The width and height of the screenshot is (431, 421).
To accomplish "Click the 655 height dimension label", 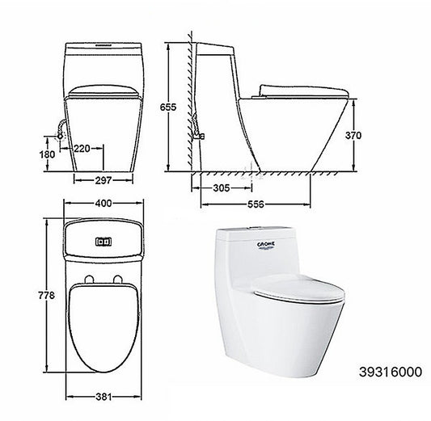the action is (168, 107).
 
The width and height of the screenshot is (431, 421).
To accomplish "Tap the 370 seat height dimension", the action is (353, 136).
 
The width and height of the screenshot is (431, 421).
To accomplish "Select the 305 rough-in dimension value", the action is (221, 188).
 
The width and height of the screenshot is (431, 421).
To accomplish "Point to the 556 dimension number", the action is (256, 204).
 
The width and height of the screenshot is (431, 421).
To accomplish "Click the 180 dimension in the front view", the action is (48, 154).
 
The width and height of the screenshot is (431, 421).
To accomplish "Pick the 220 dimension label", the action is (82, 149).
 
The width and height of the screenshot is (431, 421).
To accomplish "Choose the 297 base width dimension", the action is (104, 180).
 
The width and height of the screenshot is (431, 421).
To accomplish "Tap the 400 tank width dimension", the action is (104, 204).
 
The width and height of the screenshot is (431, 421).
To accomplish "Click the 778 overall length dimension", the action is (47, 295).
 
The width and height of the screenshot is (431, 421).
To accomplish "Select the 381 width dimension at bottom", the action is (104, 397).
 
